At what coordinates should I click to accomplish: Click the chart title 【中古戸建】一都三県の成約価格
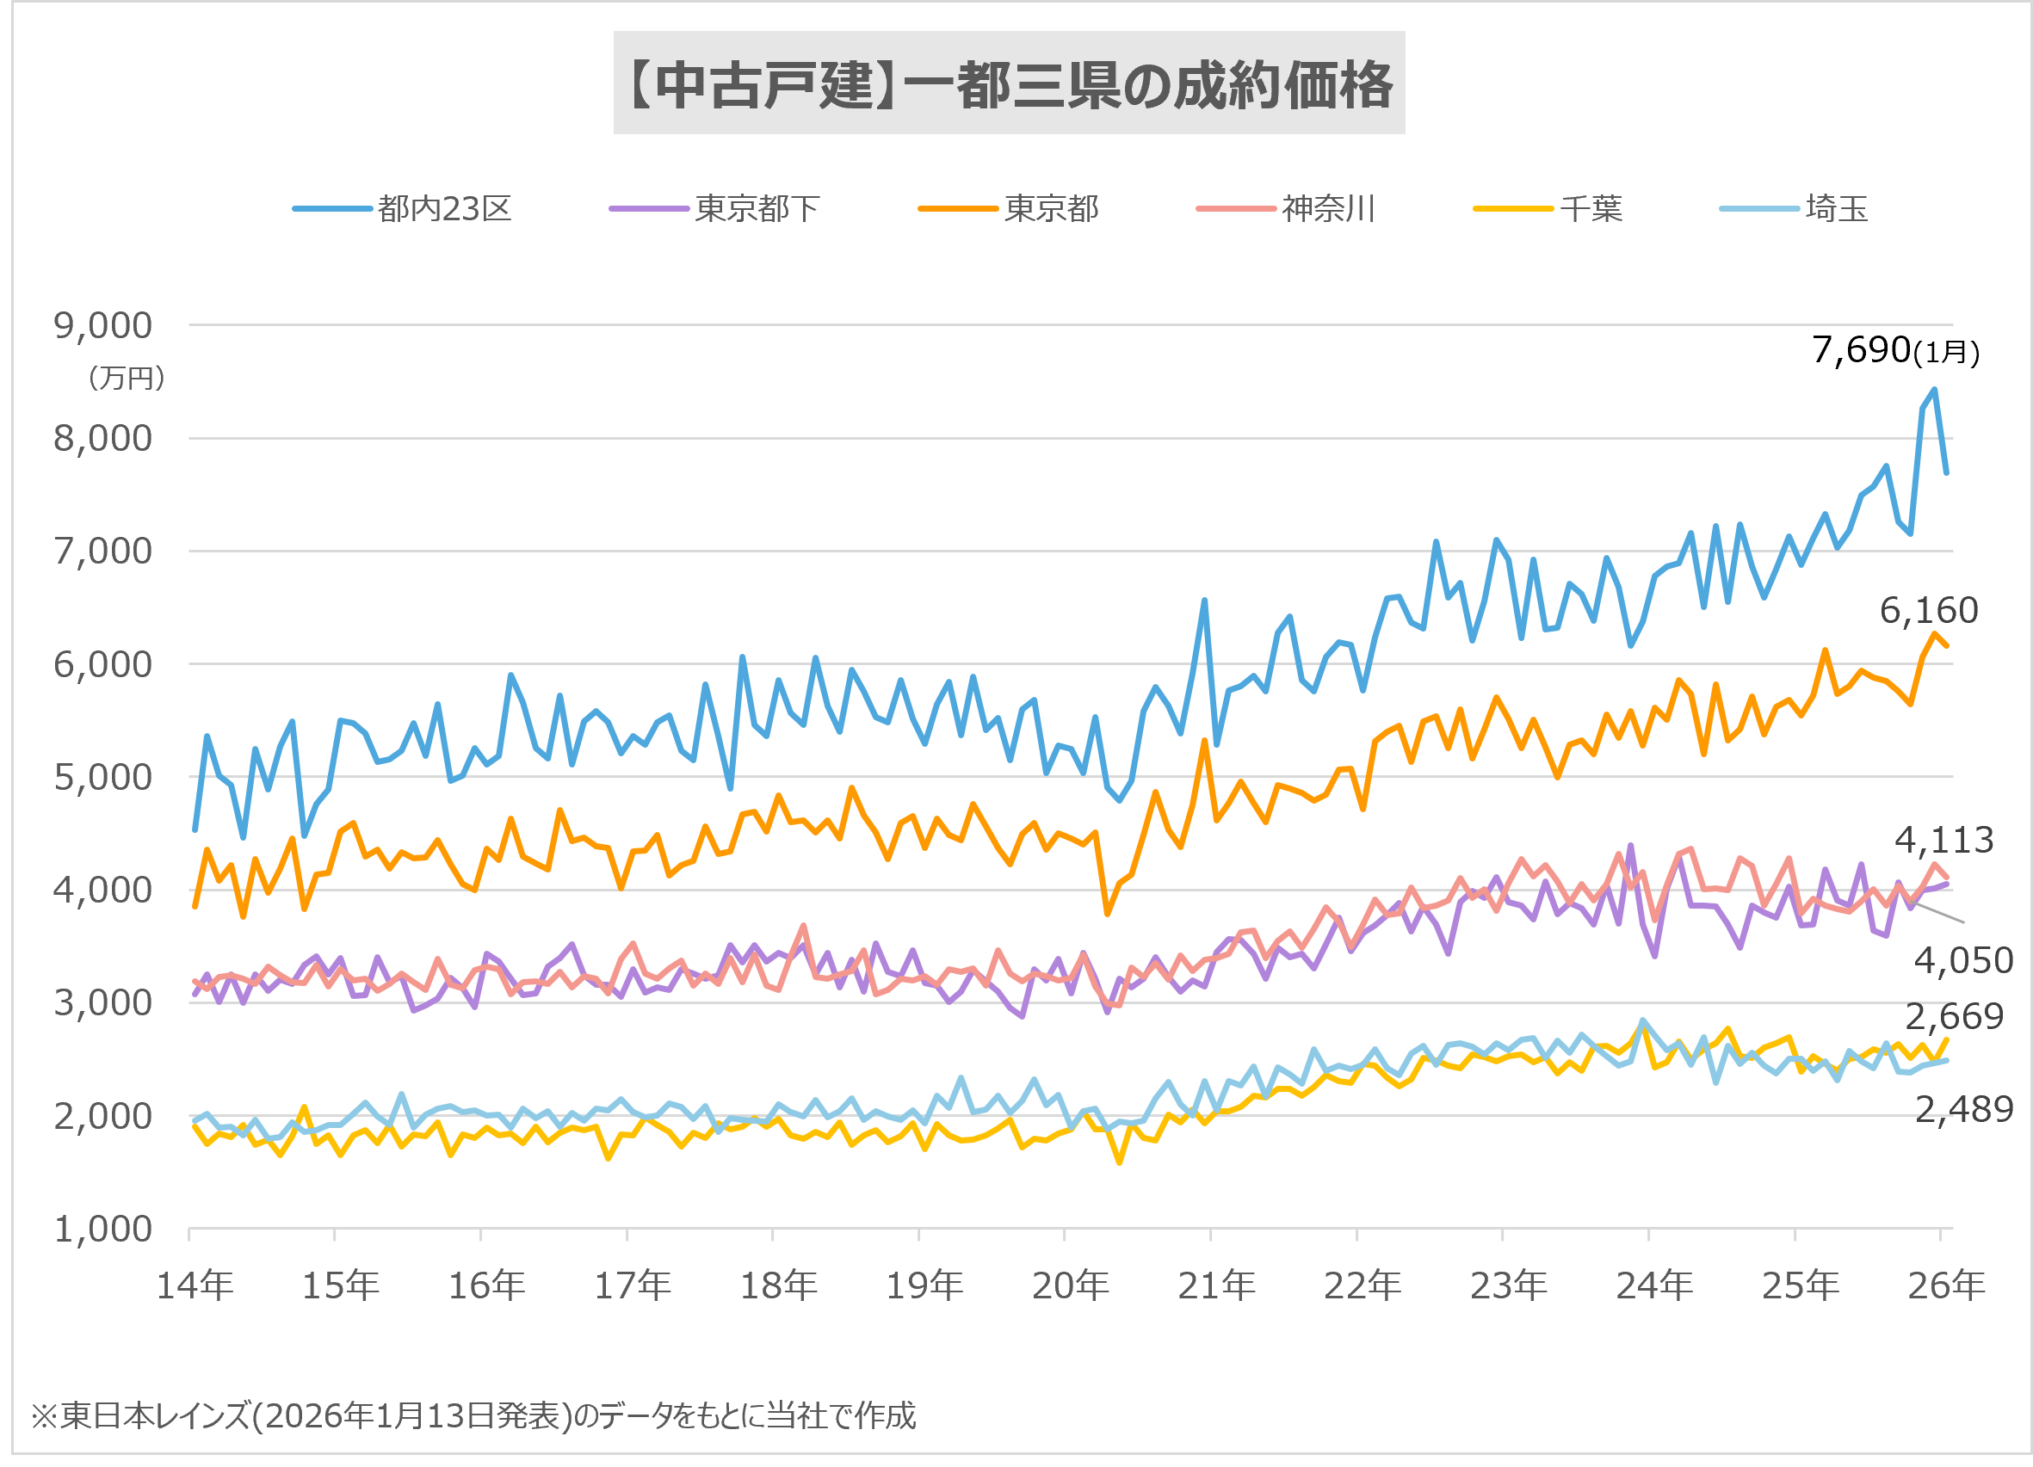(1009, 85)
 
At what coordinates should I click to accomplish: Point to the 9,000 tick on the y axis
(103, 326)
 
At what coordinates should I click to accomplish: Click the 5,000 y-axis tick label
(103, 778)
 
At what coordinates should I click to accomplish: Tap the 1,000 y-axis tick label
(103, 1230)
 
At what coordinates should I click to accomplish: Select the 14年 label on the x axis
(195, 1286)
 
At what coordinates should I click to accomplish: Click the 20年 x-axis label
(1070, 1286)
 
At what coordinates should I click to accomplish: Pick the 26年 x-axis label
(1946, 1286)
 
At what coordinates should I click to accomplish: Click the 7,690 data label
(1861, 350)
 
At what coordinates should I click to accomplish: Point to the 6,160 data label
(1928, 610)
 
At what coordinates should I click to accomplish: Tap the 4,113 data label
(1943, 840)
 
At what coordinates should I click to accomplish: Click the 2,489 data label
(1964, 1109)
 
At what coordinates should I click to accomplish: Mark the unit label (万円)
(127, 379)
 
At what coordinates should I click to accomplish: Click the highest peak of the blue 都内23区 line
(1934, 390)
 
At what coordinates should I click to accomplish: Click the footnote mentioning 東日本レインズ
(473, 1416)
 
